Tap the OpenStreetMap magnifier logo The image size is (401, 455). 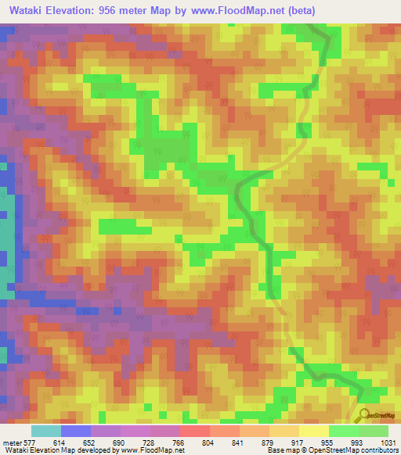pos(365,414)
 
